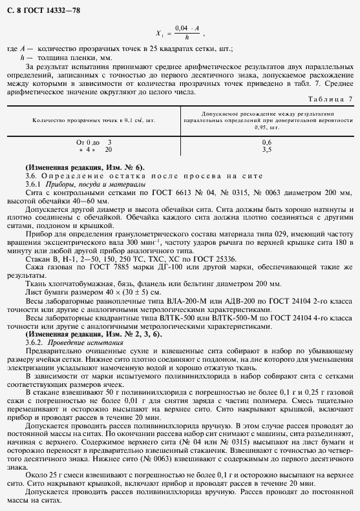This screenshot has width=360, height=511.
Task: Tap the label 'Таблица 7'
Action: (x=330, y=99)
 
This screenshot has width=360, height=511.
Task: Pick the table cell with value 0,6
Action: (x=266, y=141)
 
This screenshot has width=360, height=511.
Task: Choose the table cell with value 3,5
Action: (x=266, y=149)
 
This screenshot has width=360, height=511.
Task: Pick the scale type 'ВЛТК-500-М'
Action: (x=227, y=318)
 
